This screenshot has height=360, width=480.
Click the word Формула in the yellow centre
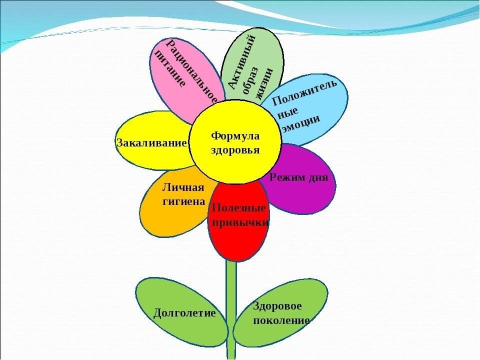coord(235,136)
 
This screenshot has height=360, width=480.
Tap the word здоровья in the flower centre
coord(235,150)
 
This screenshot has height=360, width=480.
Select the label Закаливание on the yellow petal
coord(151,142)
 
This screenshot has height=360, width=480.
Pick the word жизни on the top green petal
coord(265,83)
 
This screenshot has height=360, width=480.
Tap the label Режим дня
coord(299,178)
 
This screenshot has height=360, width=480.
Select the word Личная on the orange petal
coord(183,187)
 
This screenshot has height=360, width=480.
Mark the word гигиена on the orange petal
coord(184,201)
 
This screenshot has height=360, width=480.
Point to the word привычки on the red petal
coord(240,222)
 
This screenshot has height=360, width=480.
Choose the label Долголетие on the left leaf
coord(184,313)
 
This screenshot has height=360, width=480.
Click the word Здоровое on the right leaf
coord(277,306)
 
